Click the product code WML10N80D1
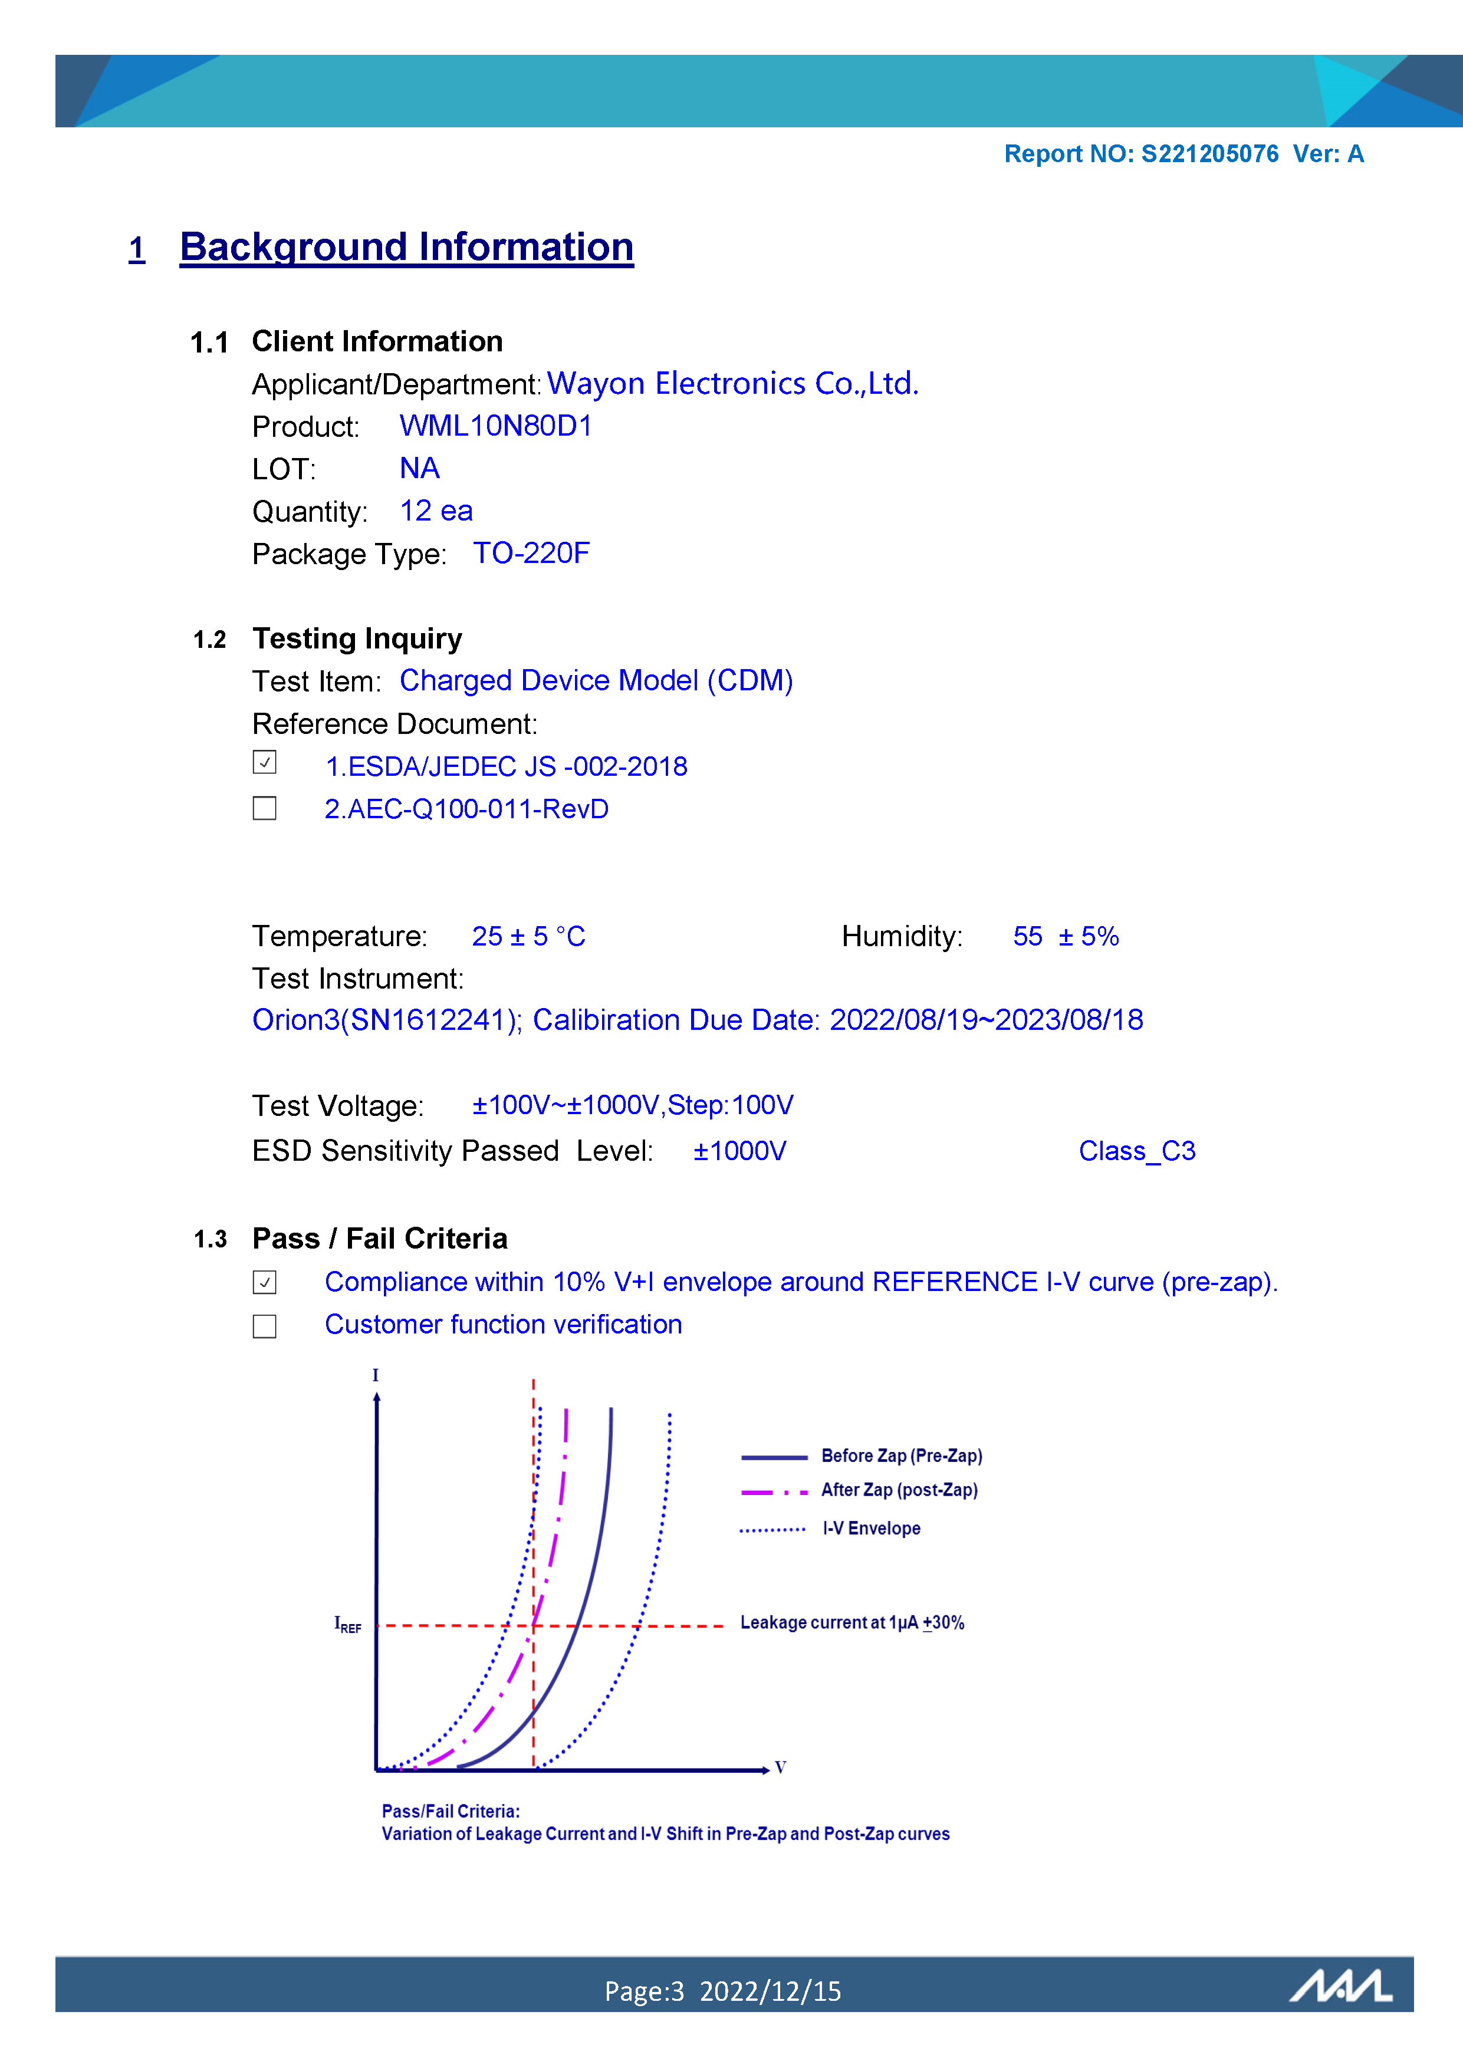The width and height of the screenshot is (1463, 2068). (495, 426)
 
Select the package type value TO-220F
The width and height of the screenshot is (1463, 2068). (531, 553)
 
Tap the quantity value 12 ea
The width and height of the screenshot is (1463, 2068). (436, 511)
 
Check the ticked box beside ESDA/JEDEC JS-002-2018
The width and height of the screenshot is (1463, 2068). (264, 763)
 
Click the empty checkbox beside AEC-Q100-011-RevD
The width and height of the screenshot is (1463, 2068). (264, 808)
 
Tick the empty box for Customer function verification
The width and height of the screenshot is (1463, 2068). (264, 1326)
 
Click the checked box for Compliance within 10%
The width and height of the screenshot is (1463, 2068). (264, 1282)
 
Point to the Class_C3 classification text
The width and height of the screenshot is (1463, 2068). (1137, 1151)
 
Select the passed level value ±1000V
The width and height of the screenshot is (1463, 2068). (739, 1151)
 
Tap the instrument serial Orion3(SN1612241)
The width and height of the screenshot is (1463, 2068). (386, 1020)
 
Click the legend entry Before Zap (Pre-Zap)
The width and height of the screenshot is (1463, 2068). (901, 1455)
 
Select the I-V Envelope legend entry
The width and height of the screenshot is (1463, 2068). (870, 1529)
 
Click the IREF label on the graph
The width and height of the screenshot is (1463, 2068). (348, 1624)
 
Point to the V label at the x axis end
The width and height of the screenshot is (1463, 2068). (780, 1767)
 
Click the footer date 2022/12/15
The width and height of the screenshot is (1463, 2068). (770, 1991)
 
